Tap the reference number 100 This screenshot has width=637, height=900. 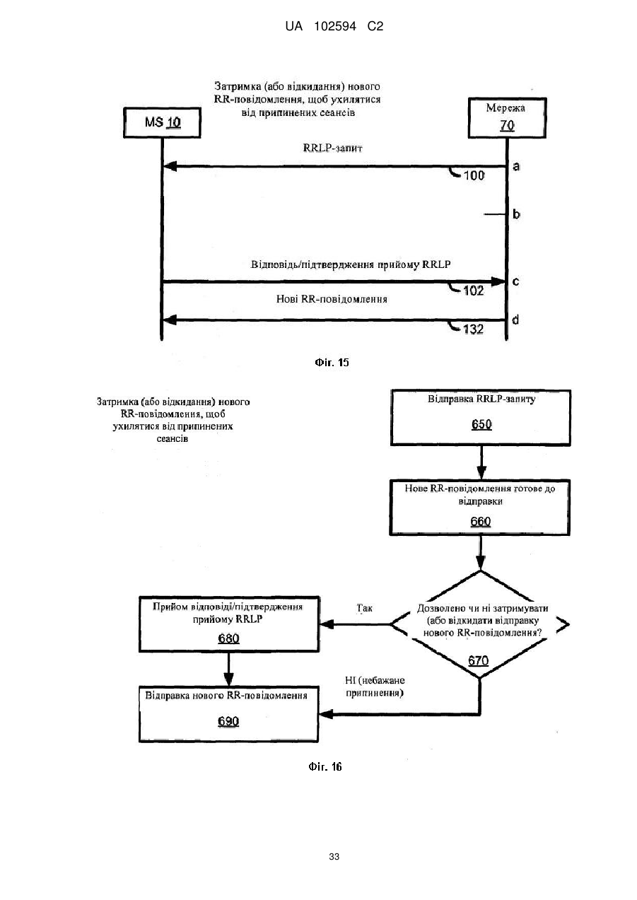[x=474, y=175]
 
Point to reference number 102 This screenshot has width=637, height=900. [x=474, y=291]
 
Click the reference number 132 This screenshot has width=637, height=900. [x=473, y=329]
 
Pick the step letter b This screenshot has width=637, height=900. [x=516, y=214]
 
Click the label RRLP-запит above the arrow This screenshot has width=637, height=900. [x=333, y=148]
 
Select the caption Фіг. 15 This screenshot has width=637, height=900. [x=332, y=363]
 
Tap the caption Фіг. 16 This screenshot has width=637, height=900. [x=325, y=767]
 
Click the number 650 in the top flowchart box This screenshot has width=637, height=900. [x=481, y=424]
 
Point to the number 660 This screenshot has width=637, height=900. [x=481, y=522]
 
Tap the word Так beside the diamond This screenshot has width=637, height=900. [x=364, y=608]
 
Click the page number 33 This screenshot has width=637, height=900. [x=334, y=857]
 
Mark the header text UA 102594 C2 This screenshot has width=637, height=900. [x=334, y=26]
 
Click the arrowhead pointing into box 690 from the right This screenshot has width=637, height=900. [x=325, y=714]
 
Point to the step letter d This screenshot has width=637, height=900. [x=515, y=320]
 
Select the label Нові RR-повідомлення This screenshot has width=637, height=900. [x=332, y=299]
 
